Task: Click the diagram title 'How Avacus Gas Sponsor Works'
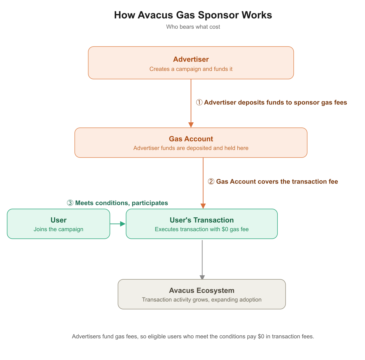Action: point(193,15)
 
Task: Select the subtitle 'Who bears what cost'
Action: point(193,27)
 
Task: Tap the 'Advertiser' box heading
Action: point(191,59)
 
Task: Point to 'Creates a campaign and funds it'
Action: point(191,69)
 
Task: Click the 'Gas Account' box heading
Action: point(191,139)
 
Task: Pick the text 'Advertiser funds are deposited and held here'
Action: point(191,148)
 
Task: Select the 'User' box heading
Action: point(58,220)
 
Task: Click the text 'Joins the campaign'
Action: point(58,229)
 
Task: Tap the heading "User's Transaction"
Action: point(201,220)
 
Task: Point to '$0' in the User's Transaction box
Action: point(225,229)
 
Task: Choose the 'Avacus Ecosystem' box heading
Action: point(201,290)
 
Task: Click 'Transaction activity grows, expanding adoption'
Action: point(201,299)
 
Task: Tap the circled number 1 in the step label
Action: point(199,102)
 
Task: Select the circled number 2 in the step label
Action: point(211,182)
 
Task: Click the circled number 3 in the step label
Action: point(70,203)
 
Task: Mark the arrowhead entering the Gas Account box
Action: point(191,125)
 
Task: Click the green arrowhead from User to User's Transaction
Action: point(123,224)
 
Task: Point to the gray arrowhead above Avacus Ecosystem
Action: point(202,277)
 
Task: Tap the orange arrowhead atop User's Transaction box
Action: point(203,206)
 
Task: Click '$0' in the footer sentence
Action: point(261,336)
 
